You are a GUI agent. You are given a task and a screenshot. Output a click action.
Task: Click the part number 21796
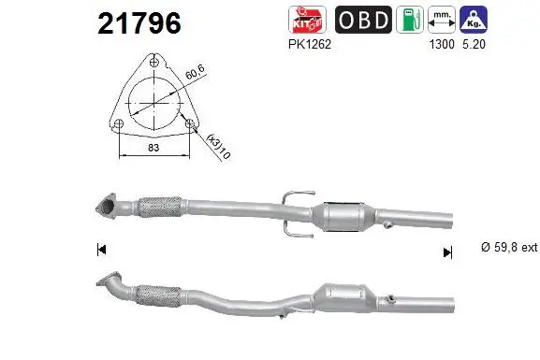pos(139,24)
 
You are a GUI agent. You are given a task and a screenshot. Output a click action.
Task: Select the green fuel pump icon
pos(409,20)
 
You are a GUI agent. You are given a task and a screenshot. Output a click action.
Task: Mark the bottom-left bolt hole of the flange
pos(119,122)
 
